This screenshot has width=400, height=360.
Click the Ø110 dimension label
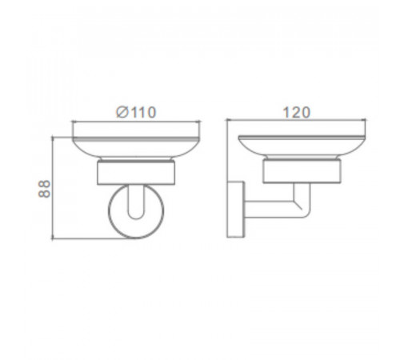(136, 112)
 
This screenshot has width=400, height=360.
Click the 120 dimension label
(296, 113)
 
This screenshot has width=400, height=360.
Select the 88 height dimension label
(44, 189)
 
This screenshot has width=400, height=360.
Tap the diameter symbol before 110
(122, 112)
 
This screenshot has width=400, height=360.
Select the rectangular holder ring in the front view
(136, 173)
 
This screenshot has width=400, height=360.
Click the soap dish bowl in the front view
(136, 146)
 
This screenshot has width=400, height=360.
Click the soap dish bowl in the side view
(302, 146)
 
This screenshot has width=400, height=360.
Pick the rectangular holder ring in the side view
(302, 171)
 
